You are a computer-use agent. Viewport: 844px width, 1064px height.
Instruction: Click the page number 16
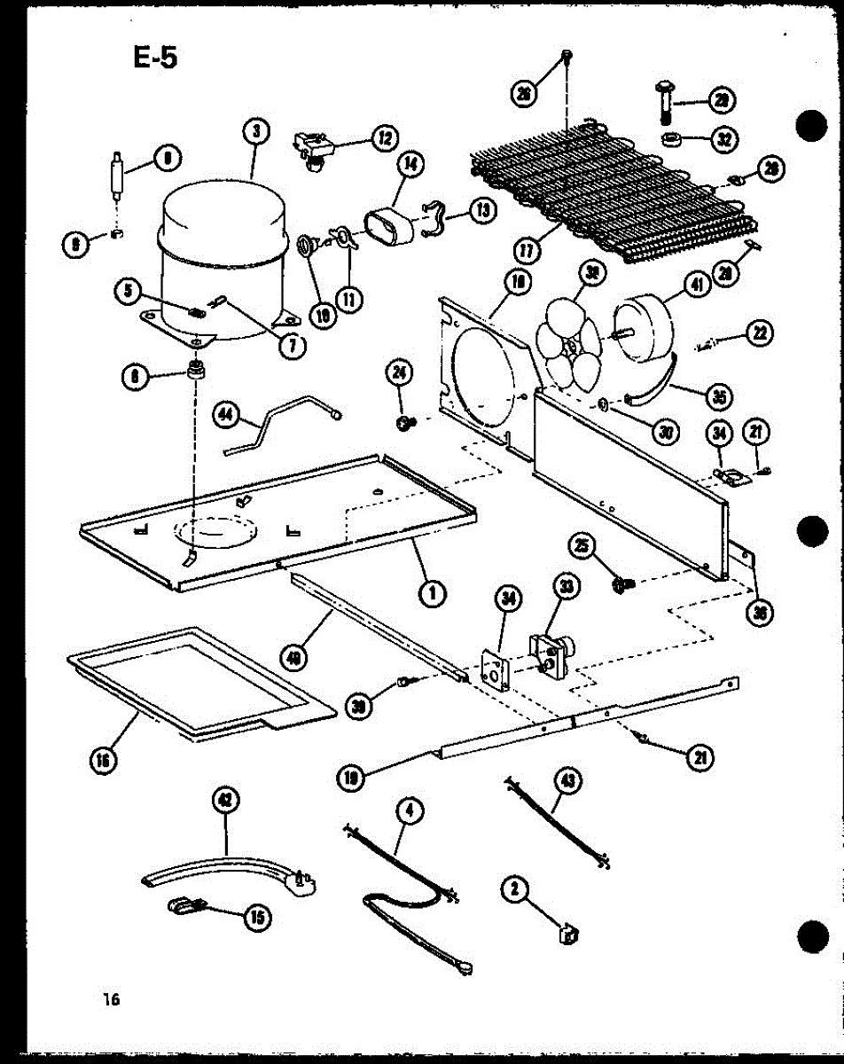[x=111, y=999]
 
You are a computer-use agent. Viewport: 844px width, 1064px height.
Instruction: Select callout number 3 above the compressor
[x=254, y=132]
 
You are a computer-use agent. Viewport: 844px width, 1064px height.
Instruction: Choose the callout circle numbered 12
[x=385, y=137]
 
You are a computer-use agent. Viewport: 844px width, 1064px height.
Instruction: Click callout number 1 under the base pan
[x=433, y=594]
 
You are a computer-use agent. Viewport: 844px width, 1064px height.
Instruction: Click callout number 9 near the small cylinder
[x=165, y=159]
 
